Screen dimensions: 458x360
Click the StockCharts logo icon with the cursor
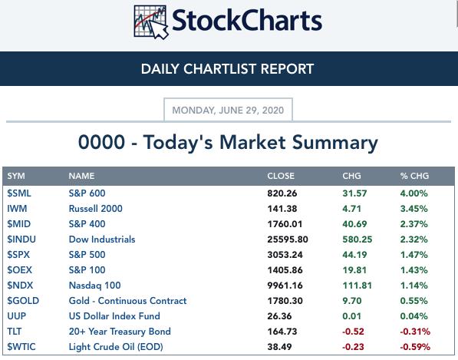coord(151,22)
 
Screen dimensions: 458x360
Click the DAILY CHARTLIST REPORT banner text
coord(227,69)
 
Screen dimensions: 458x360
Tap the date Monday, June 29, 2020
coord(228,111)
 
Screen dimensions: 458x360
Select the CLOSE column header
coord(281,176)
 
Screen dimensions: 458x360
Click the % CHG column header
coord(414,176)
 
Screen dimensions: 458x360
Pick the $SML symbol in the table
coord(19,193)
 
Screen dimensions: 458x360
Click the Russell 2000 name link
coord(96,209)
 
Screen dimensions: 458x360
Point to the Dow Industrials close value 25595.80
coord(288,239)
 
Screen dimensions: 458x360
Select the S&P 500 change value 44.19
coord(354,255)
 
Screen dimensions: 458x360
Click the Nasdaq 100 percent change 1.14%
coord(414,286)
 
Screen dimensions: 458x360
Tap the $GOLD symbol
coord(23,301)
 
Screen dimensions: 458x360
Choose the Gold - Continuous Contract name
coord(127,301)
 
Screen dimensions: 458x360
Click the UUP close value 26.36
coord(279,316)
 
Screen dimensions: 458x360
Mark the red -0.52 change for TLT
coord(353,332)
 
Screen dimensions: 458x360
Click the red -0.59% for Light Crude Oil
coord(415,347)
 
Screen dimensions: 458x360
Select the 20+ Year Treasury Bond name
coord(120,332)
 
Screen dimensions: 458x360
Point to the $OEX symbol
coord(20,270)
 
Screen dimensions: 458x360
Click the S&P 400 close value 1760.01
coord(285,224)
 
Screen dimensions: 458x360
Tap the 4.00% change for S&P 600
coord(414,193)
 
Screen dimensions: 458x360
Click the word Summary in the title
coord(335,143)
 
